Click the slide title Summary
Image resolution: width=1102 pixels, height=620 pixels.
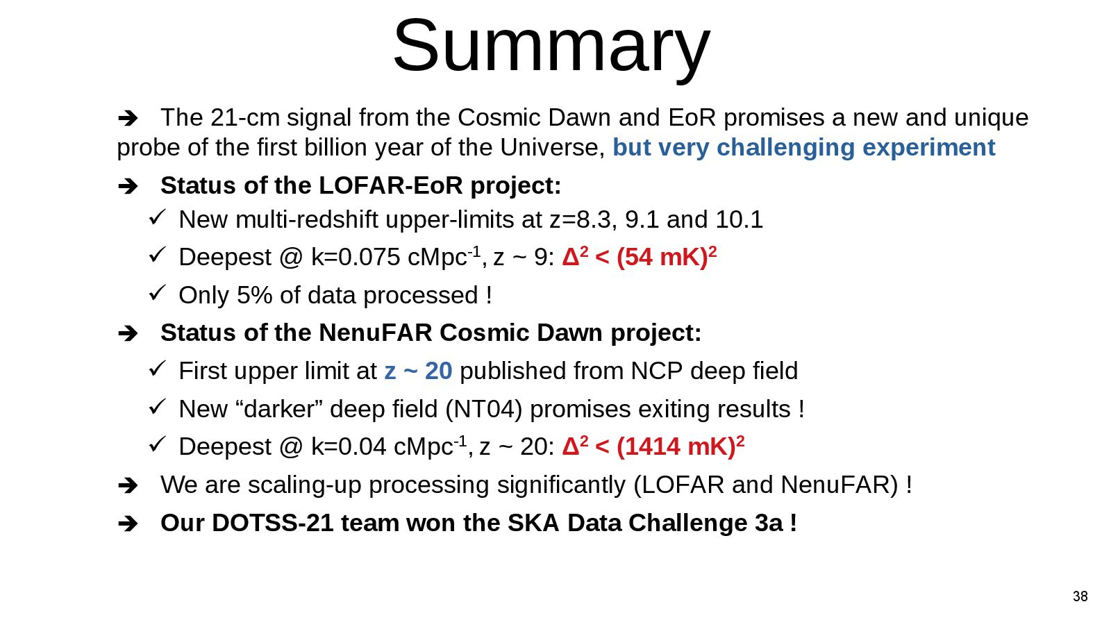pos(551,46)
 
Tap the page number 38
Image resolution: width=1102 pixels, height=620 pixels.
pos(1080,596)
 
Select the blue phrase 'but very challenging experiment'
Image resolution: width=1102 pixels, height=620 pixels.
pos(803,147)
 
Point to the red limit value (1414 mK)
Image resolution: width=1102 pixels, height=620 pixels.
pos(676,446)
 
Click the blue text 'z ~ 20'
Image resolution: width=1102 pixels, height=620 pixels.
pos(418,371)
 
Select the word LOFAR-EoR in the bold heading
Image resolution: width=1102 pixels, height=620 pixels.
pos(390,185)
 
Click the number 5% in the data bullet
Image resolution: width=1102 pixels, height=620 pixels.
pos(254,295)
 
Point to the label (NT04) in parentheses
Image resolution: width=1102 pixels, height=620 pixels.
pos(483,409)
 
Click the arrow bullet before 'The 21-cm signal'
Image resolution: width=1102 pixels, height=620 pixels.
pos(128,118)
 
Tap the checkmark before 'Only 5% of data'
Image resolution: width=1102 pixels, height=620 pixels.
pos(157,293)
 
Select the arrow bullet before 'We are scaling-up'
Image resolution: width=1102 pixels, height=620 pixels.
pos(128,485)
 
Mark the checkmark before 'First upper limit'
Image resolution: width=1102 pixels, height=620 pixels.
pos(157,369)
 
